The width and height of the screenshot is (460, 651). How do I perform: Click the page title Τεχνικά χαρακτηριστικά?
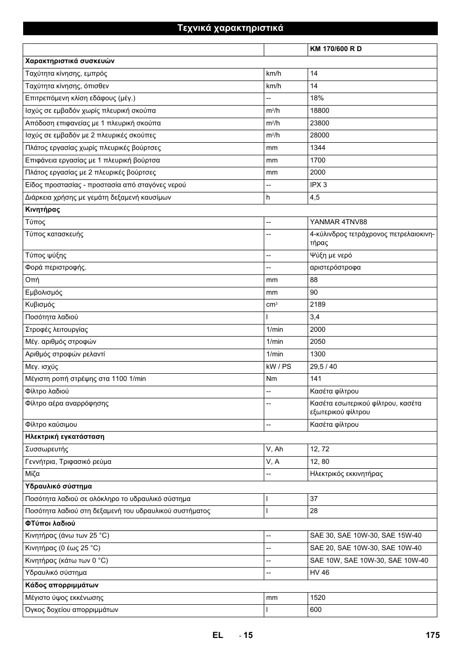point(230,28)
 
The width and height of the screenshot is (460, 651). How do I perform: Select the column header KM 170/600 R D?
point(336,49)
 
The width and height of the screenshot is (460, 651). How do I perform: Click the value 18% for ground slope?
point(317,98)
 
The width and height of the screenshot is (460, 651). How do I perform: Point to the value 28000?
point(320,136)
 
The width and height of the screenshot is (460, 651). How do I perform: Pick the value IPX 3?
point(318,185)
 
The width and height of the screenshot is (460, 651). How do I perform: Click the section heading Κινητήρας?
point(42,210)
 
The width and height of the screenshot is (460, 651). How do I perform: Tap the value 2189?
point(318,305)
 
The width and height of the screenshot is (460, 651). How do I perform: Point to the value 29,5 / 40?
point(324,366)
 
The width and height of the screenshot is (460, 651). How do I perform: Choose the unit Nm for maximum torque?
point(271,379)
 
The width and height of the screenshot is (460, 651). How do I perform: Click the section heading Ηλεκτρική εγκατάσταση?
point(65,437)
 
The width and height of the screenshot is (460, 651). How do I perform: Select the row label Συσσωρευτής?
point(47,449)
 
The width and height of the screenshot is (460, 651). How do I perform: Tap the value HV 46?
point(319,573)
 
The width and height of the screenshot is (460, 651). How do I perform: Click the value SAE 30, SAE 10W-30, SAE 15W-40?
point(365,536)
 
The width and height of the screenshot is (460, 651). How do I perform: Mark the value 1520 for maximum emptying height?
point(318,598)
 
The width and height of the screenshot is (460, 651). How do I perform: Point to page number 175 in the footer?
point(433,635)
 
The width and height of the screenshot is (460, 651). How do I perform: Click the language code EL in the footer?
point(217,635)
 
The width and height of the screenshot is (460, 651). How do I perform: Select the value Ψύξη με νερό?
point(331,256)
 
